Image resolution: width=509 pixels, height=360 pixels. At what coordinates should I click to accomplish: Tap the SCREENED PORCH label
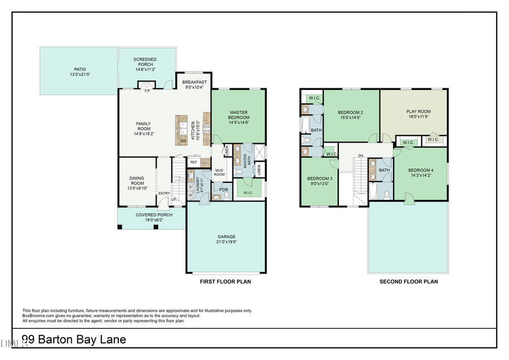point(145,62)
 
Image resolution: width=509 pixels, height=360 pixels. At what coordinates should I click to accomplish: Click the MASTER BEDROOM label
point(239,115)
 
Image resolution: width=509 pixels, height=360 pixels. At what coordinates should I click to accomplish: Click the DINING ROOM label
point(137,181)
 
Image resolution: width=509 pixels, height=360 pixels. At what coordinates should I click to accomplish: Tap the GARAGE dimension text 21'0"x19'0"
point(226,242)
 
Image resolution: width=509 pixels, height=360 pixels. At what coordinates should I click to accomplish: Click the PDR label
point(223,190)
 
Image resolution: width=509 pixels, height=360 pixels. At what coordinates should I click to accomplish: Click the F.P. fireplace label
point(147,91)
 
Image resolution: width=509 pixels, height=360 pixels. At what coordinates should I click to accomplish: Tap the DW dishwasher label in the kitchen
point(183,140)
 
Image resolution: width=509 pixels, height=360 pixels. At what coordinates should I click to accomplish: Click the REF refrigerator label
point(193,162)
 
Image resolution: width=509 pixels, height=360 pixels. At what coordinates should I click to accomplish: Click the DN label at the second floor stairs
point(360,155)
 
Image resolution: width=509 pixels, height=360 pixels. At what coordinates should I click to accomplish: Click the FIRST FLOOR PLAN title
point(225,281)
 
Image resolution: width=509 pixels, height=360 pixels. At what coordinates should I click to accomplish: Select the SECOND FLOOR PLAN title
point(408,281)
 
